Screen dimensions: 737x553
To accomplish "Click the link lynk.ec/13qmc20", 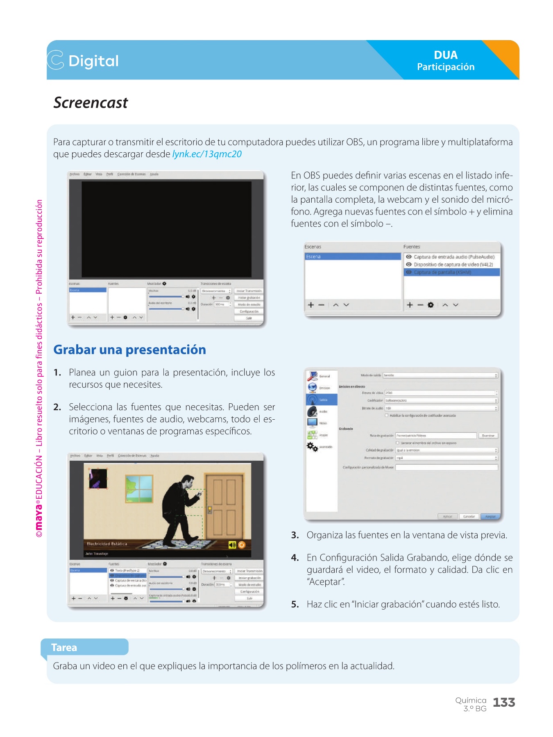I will tap(207, 154).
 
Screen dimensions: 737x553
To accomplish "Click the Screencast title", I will tap(91, 103).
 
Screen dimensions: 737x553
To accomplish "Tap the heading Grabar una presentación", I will tap(129, 350).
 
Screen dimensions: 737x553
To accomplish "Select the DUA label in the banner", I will tap(446, 55).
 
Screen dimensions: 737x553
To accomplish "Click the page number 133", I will tap(504, 703).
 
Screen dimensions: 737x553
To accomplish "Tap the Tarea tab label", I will tap(64, 647).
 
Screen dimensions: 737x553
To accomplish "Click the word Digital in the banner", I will tap(93, 61).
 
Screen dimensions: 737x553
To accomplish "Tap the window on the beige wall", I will tap(139, 488).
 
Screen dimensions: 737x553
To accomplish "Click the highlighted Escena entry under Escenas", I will tap(353, 257).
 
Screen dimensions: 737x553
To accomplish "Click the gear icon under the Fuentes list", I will tap(431, 305).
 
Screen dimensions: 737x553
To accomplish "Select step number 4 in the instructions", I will tap(295, 558).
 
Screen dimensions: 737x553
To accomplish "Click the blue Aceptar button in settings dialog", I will tap(490, 516).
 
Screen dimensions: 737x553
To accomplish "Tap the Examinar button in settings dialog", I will tap(488, 436).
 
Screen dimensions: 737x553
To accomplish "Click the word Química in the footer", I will tap(471, 700).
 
